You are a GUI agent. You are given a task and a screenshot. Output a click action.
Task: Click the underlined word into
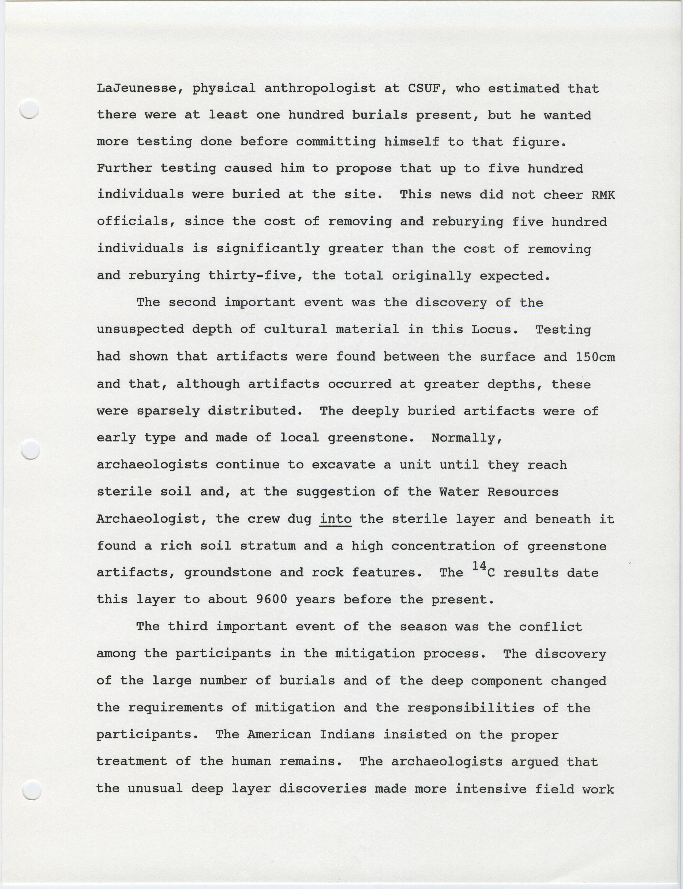click(x=335, y=519)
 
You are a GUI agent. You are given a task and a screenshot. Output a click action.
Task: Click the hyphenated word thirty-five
click(x=255, y=276)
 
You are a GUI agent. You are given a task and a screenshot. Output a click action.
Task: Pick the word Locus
click(x=494, y=329)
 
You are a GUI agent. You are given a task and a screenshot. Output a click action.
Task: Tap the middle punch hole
click(x=30, y=449)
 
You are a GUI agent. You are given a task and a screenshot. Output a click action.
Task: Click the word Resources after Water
click(x=523, y=492)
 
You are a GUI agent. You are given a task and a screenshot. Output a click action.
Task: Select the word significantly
click(x=268, y=249)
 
